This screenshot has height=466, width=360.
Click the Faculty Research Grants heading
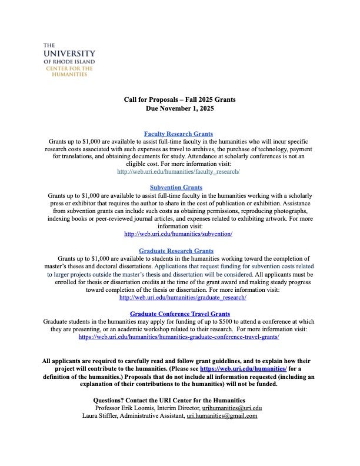178,134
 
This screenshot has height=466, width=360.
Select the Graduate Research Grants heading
176,251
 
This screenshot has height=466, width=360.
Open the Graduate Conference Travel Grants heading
179,314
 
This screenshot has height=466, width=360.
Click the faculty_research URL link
178,172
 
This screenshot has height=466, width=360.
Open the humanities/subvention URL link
178,234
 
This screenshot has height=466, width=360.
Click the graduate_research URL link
182,298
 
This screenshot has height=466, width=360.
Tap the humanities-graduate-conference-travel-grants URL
178,337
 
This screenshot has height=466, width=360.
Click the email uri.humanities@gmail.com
222,415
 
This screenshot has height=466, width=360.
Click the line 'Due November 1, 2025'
179,109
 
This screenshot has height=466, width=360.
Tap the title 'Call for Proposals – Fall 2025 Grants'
179,99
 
